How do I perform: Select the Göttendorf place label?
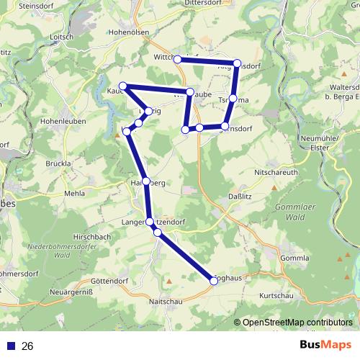(x=109, y=282)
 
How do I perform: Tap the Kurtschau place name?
(x=279, y=297)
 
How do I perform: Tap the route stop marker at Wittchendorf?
(x=177, y=59)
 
